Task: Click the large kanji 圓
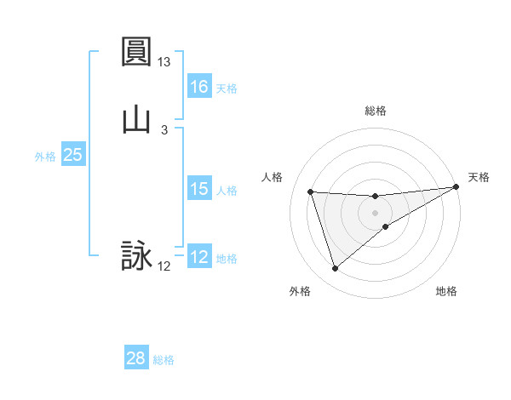[136, 52]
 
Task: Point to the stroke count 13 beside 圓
[164, 62]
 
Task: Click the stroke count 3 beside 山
[164, 130]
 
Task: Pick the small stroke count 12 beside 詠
[164, 266]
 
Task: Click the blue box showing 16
[199, 86]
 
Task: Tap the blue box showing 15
[199, 189]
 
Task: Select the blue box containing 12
[199, 257]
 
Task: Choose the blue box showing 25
[72, 155]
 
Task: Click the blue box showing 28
[136, 358]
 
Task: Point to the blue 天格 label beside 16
[227, 88]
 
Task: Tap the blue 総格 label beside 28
[164, 360]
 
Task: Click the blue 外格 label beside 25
[45, 157]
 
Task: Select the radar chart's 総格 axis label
[376, 111]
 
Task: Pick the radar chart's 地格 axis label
[446, 292]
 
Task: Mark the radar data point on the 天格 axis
[456, 187]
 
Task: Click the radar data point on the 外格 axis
[335, 269]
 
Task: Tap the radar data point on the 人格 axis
[311, 191]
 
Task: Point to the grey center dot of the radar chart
[376, 213]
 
